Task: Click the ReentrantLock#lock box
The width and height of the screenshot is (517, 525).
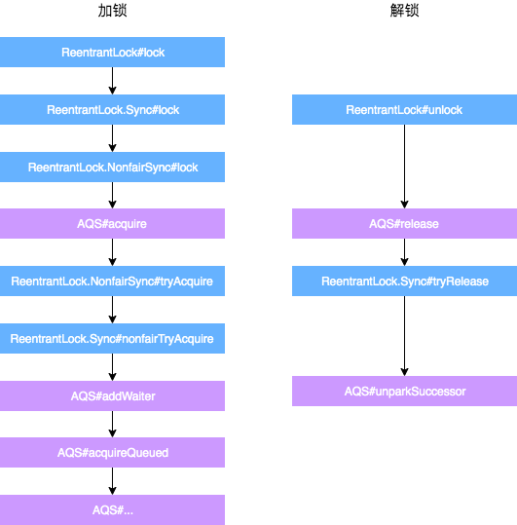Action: (x=112, y=53)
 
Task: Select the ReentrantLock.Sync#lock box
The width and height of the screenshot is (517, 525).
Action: (x=112, y=110)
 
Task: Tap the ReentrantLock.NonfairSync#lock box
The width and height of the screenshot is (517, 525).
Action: (x=112, y=168)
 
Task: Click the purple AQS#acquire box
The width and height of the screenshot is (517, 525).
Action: (x=112, y=224)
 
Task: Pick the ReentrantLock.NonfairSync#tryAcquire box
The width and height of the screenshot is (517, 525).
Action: (x=112, y=281)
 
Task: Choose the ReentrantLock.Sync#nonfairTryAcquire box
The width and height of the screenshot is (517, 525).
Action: (x=112, y=339)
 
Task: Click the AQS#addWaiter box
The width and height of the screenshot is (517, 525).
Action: (x=112, y=395)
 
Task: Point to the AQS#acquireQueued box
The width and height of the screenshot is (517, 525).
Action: (x=112, y=453)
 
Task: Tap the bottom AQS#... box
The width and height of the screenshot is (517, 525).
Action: (x=112, y=509)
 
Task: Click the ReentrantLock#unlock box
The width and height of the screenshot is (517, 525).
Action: (x=404, y=110)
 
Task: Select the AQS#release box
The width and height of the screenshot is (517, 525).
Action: (x=404, y=224)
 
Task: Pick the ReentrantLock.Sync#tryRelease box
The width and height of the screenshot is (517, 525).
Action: (x=404, y=281)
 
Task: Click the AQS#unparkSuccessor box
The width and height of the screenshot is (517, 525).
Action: (x=404, y=392)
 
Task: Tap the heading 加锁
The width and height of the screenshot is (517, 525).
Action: (x=112, y=12)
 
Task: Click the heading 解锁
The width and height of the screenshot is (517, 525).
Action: (x=404, y=12)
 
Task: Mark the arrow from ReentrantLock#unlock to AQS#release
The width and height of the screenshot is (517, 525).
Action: (x=404, y=167)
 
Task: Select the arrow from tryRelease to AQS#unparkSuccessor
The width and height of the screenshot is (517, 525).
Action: (x=404, y=336)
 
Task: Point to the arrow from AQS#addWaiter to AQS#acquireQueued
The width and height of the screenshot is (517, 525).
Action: (x=112, y=424)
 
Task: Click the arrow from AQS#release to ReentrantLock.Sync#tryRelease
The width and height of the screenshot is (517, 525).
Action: (x=404, y=252)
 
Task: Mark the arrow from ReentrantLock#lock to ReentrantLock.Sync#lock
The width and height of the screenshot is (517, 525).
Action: (x=112, y=81)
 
